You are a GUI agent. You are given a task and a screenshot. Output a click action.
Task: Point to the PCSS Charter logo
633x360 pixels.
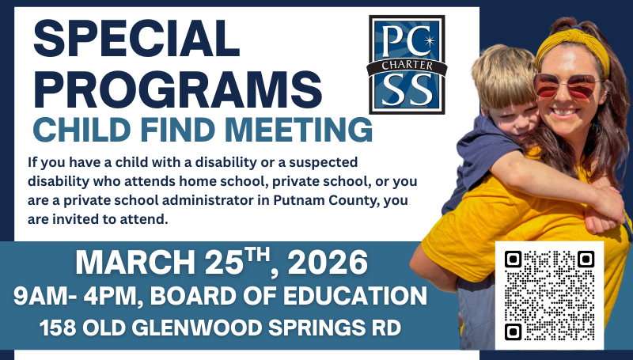407,64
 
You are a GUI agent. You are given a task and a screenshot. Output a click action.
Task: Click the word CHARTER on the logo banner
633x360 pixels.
407,66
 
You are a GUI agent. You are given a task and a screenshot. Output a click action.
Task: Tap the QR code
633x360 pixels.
549,295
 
